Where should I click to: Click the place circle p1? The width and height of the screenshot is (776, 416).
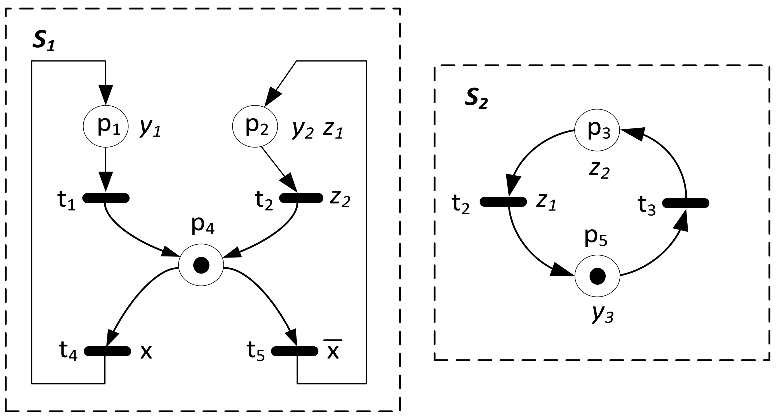pyautogui.click(x=106, y=126)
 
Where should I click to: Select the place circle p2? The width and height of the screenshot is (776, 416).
pyautogui.click(x=255, y=126)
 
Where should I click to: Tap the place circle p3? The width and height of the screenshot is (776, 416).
pyautogui.click(x=597, y=130)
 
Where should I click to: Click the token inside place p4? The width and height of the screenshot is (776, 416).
pyautogui.click(x=201, y=265)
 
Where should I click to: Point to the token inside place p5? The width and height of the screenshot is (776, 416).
pyautogui.click(x=597, y=276)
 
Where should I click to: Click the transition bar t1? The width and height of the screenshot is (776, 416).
pyautogui.click(x=106, y=198)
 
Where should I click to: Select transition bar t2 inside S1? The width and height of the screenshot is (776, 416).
pyautogui.click(x=301, y=198)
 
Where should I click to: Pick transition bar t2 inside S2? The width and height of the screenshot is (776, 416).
pyautogui.click(x=503, y=202)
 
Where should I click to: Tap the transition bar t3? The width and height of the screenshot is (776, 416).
pyautogui.click(x=686, y=203)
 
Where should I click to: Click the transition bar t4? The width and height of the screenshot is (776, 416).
pyautogui.click(x=107, y=351)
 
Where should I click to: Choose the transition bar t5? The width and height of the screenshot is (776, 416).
pyautogui.click(x=295, y=351)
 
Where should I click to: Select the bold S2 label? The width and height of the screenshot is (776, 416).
pyautogui.click(x=476, y=99)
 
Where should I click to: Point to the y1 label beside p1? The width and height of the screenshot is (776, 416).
pyautogui.click(x=150, y=129)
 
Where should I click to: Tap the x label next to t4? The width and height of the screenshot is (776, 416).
pyautogui.click(x=146, y=352)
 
